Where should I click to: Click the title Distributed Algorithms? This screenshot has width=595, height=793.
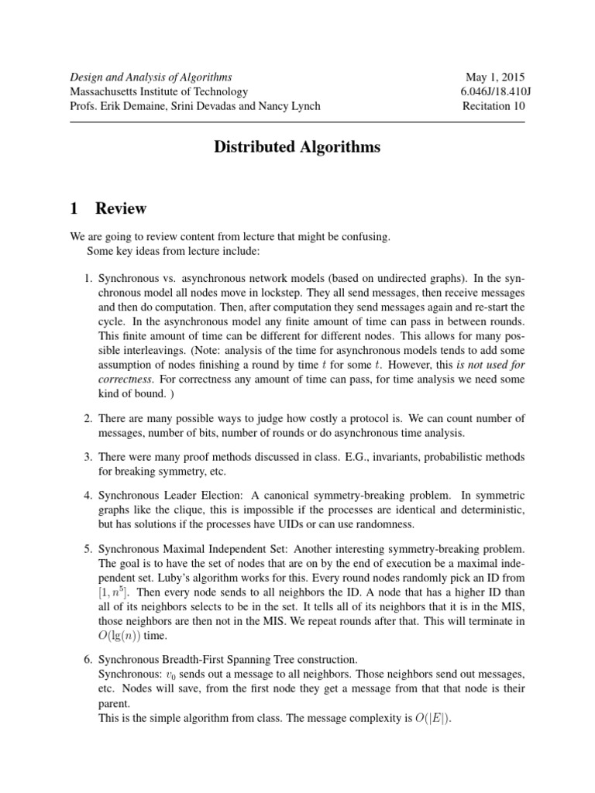click(x=297, y=147)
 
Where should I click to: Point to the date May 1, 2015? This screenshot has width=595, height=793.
click(x=495, y=77)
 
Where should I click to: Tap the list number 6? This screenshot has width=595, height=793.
click(x=88, y=659)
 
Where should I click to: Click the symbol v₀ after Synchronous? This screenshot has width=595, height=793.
click(x=175, y=675)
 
